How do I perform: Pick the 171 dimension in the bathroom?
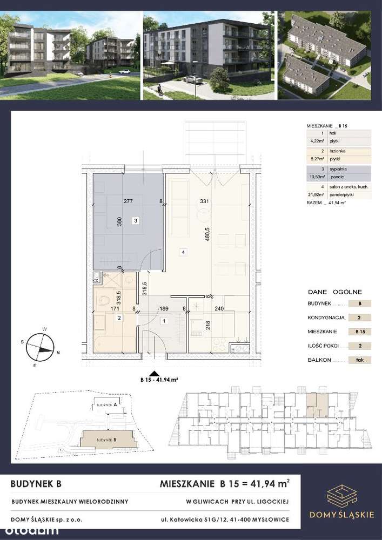[115, 309]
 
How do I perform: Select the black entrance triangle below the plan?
[155, 373]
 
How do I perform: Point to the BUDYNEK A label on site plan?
[106, 404]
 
